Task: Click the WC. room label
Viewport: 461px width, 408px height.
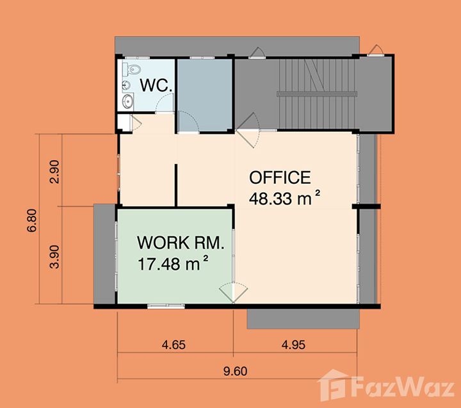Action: pyautogui.click(x=156, y=85)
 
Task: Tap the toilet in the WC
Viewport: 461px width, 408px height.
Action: pyautogui.click(x=132, y=69)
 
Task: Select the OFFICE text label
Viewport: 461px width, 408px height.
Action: pyautogui.click(x=280, y=177)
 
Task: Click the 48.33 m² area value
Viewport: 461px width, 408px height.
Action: pyautogui.click(x=284, y=199)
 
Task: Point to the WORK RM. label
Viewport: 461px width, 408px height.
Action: pyautogui.click(x=181, y=243)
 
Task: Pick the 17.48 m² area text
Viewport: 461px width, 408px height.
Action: pyautogui.click(x=173, y=263)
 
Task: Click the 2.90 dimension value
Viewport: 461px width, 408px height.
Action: pyautogui.click(x=55, y=172)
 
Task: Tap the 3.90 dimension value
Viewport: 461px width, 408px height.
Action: pyautogui.click(x=55, y=257)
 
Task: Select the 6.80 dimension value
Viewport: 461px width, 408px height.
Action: pyautogui.click(x=32, y=220)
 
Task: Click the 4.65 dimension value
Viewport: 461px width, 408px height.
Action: pyautogui.click(x=174, y=345)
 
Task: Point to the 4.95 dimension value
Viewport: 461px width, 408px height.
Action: pyautogui.click(x=293, y=345)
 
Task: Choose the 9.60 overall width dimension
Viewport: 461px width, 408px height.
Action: pyautogui.click(x=235, y=371)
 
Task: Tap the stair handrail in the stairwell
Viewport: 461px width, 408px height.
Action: pyautogui.click(x=317, y=94)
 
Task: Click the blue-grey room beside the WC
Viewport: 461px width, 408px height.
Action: pyautogui.click(x=205, y=95)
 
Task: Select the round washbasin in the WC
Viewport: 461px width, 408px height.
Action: pyautogui.click(x=128, y=102)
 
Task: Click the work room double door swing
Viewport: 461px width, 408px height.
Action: pyautogui.click(x=233, y=293)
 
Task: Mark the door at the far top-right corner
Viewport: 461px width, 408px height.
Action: pyautogui.click(x=376, y=50)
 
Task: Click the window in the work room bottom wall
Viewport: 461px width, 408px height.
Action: pyautogui.click(x=166, y=306)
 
